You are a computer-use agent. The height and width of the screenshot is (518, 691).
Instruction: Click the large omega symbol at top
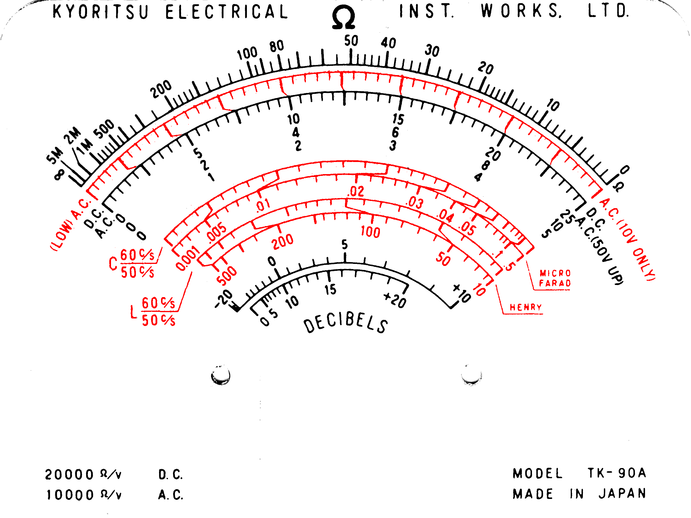click(x=343, y=18)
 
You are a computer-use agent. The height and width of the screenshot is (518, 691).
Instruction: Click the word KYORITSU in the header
click(x=101, y=12)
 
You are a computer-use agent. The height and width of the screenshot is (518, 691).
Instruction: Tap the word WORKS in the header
click(x=521, y=11)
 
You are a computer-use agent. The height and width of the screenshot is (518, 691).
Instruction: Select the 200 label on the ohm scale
click(x=160, y=89)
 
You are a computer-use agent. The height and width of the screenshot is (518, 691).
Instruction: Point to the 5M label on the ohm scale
click(x=55, y=155)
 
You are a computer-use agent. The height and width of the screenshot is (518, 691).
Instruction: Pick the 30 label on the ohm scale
click(x=432, y=51)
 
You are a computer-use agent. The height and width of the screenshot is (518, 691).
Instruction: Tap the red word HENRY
click(x=525, y=308)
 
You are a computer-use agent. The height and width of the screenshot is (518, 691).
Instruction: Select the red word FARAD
click(x=555, y=283)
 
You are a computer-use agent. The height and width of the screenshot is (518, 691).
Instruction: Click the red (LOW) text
click(x=62, y=235)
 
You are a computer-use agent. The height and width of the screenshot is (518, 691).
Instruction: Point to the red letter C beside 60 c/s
click(x=113, y=264)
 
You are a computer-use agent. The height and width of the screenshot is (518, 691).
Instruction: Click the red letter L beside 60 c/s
click(x=134, y=312)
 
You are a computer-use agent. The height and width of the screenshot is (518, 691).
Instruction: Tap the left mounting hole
click(x=221, y=375)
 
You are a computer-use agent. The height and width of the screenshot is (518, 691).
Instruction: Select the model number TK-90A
click(x=617, y=473)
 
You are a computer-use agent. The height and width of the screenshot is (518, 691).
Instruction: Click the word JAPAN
click(x=622, y=494)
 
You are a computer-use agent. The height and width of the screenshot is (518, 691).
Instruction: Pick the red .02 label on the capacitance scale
click(x=356, y=191)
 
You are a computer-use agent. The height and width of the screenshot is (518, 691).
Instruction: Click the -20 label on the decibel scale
click(x=224, y=299)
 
